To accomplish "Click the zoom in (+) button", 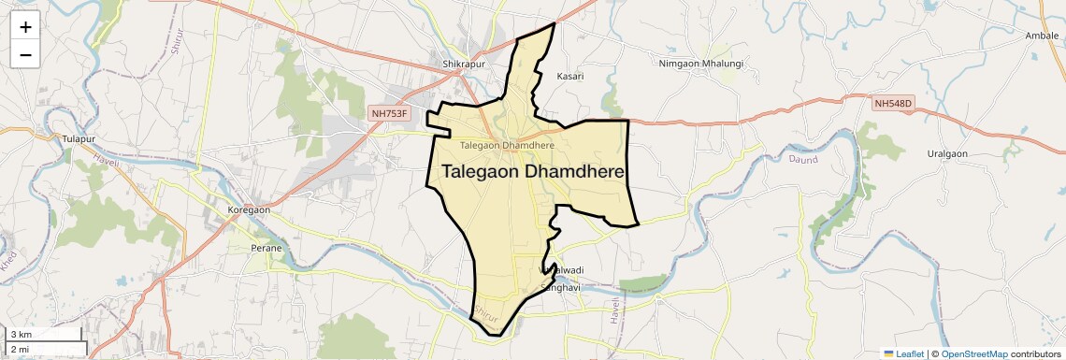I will point(25,28).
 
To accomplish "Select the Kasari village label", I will point(569,76).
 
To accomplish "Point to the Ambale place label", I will point(1042,36).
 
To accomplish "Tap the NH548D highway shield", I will point(893,103).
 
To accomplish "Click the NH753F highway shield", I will point(390,113).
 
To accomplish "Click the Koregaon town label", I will point(249,210).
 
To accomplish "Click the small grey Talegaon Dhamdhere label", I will point(508,145).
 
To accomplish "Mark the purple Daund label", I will point(777,160).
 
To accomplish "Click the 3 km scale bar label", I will point(22,335).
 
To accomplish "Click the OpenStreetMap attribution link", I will point(974,353).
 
